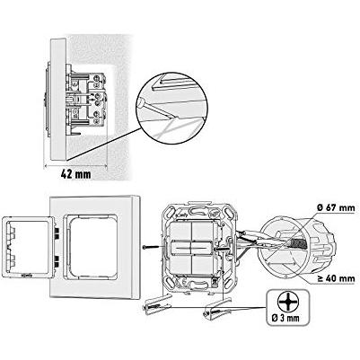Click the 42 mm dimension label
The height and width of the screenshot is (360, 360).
75,174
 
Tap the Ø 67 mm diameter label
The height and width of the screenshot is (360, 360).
336,207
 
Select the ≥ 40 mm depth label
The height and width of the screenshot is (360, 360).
336,278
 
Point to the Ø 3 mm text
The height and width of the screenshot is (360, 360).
285,318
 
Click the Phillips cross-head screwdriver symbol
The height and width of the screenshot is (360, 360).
286,302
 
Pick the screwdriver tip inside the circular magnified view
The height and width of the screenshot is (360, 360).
140,102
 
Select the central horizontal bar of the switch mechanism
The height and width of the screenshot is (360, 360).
192,248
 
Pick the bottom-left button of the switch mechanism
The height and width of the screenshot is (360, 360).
180,266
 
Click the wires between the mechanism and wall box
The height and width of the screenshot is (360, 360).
250,241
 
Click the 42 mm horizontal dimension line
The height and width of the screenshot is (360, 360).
75,164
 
